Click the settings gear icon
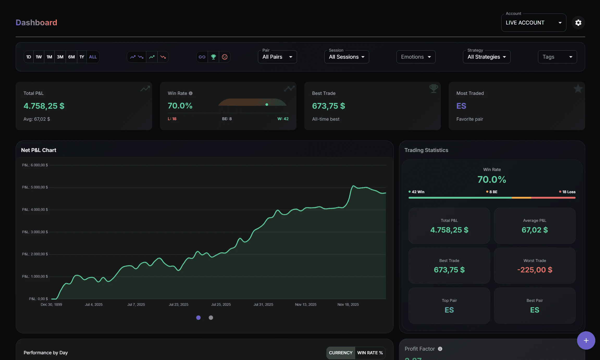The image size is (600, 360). pos(578,23)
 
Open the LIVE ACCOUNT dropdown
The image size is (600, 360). pos(533,23)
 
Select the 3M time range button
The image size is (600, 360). pos(60,57)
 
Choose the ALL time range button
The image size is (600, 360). pos(93,57)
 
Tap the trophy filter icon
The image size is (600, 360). pos(213,57)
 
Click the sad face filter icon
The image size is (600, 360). pos(225,57)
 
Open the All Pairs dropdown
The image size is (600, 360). pos(277,57)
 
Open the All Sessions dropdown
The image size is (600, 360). pos(347,57)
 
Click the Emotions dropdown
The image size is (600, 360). pos(416,57)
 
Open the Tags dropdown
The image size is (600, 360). pos(557,57)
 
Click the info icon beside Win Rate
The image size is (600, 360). pos(191,93)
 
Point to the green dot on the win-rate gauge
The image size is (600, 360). pos(267,105)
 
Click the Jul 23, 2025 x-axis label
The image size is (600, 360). pos(178,304)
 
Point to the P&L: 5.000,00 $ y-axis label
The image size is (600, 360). pos(35,187)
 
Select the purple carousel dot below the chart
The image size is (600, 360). pos(198,318)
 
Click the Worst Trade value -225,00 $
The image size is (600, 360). pos(535,270)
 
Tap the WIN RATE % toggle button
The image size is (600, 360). pos(370,353)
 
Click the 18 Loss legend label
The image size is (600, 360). pos(568,192)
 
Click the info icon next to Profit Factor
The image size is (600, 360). pos(440,349)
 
